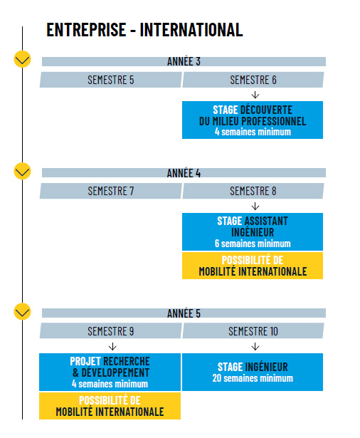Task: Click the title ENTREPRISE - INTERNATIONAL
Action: coord(144,30)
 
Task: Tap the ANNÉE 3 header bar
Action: coord(184,61)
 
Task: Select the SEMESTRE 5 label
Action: coord(111,80)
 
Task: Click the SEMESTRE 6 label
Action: coord(253,80)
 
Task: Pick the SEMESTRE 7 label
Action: coord(111,191)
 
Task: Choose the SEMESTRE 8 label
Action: coord(253,191)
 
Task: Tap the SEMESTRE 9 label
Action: coord(111,331)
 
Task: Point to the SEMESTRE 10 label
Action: coord(253,331)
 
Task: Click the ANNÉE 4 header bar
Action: coord(184,173)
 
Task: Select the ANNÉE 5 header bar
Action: coord(184,313)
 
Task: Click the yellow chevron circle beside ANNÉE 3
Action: coord(22,59)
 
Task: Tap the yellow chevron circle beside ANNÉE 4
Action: coord(22,171)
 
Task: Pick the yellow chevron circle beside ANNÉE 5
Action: coord(22,311)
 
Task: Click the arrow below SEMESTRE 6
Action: coord(255,95)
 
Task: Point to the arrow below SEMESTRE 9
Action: coord(112,347)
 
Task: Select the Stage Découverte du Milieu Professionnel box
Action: coord(253,120)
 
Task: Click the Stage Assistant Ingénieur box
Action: coord(253,232)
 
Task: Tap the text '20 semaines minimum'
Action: coord(253,378)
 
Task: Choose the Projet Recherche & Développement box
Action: coord(110,372)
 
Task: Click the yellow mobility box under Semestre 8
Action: coord(253,266)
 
